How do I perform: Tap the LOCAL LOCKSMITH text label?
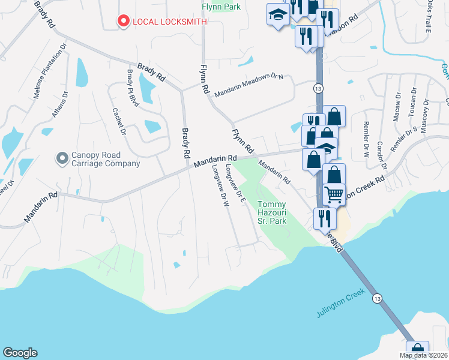pos(170,22)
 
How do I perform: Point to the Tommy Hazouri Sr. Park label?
pos(273,212)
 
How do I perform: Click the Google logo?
pos(20,353)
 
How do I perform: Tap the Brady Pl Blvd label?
pos(133,88)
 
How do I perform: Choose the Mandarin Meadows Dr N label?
pos(249,84)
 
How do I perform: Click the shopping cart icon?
pos(334,194)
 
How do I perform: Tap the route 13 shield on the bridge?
pos(377,298)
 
